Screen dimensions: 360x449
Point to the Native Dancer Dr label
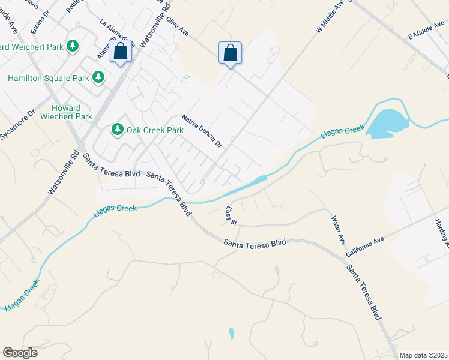pos(202,132)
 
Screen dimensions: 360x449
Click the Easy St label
pos(231,216)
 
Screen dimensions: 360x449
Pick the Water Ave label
pos(337,230)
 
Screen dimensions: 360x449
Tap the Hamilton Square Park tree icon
pos(98,77)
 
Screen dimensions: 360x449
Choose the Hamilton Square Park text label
pos(47,78)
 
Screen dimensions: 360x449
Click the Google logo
pos(20,353)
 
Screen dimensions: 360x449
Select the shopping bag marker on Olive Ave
pos(230,53)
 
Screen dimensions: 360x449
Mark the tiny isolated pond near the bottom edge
pos(232,334)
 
